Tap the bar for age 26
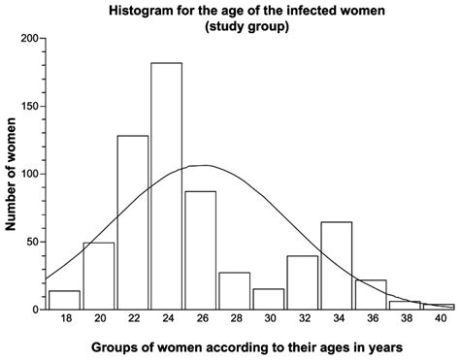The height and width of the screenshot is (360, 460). (200, 250)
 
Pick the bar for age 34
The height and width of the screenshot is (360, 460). (336, 266)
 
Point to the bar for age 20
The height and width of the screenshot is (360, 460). (99, 276)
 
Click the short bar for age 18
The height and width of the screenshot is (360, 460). (64, 300)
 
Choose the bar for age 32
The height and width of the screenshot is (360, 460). (303, 283)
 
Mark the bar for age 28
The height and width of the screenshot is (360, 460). (234, 291)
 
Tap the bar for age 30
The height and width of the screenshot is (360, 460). (268, 299)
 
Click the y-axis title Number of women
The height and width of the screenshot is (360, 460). (13, 175)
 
